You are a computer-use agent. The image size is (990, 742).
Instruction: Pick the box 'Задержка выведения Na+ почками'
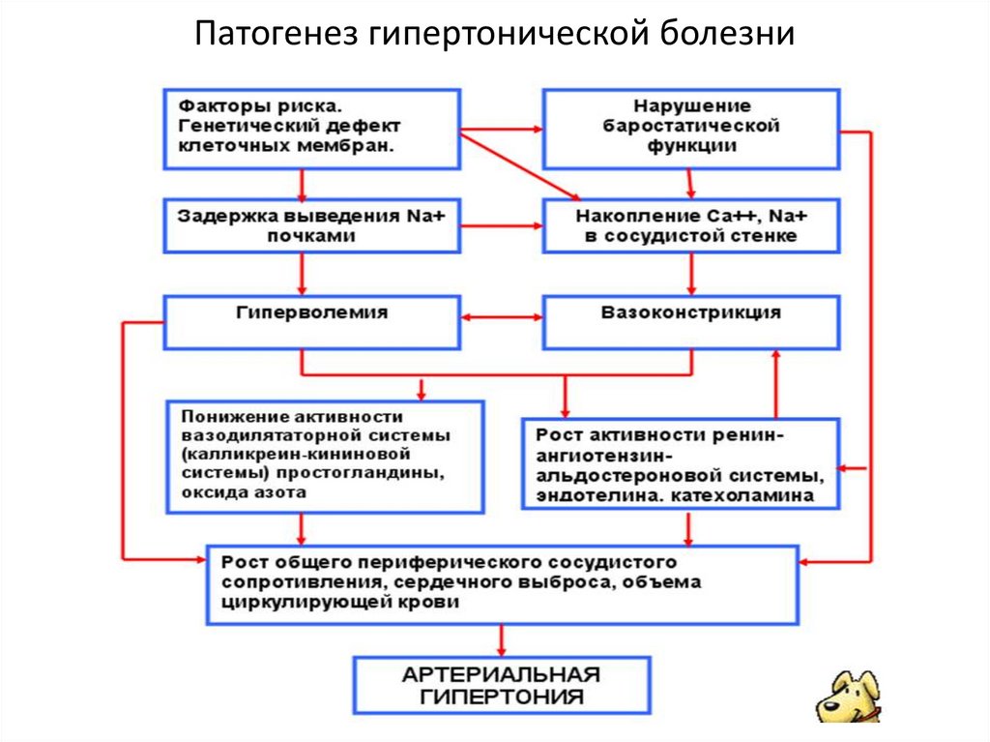(x=310, y=225)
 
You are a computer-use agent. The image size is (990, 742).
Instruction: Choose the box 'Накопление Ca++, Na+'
(x=690, y=225)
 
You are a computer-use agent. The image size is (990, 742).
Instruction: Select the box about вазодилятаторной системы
(x=324, y=456)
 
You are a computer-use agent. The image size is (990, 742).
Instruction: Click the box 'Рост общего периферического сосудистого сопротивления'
(x=502, y=584)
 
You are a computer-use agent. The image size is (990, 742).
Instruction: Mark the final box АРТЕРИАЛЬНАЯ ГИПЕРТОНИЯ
(x=501, y=686)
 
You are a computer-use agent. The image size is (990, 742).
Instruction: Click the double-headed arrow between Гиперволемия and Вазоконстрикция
(x=501, y=316)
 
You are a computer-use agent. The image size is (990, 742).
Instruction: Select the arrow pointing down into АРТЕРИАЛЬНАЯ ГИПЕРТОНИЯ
(x=501, y=639)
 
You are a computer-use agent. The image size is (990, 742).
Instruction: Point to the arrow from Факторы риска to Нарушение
(x=501, y=129)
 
